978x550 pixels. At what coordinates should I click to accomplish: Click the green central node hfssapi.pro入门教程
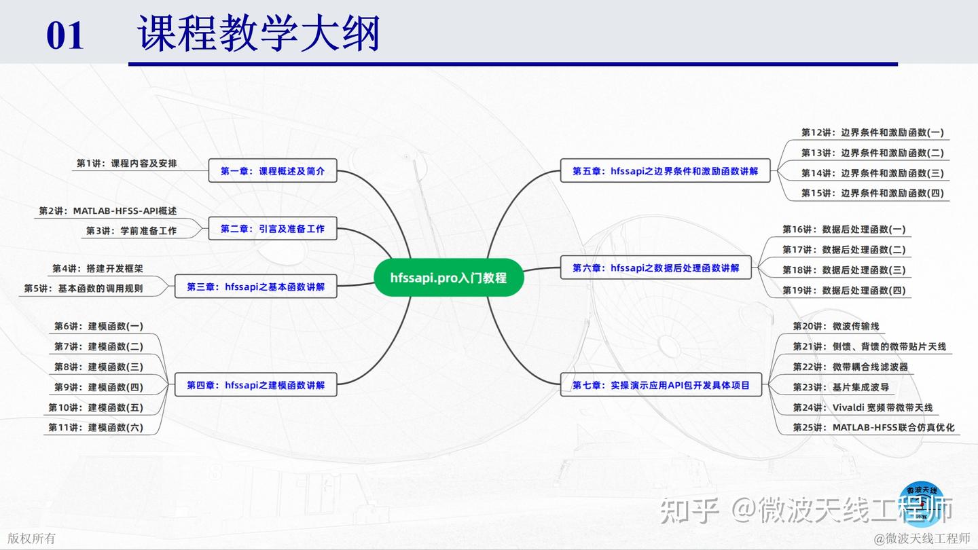pyautogui.click(x=448, y=278)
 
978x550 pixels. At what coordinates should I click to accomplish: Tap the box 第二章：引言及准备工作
pyautogui.click(x=272, y=229)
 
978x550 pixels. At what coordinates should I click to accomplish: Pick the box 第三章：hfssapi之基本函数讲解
pyautogui.click(x=256, y=287)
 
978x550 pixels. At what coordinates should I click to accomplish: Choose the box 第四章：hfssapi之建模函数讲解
pyautogui.click(x=256, y=385)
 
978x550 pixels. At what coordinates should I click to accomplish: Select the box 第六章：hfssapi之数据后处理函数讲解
pyautogui.click(x=655, y=268)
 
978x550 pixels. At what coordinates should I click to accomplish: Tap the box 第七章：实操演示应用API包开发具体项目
pyautogui.click(x=661, y=385)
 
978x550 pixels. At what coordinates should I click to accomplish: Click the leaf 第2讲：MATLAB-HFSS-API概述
pyautogui.click(x=107, y=211)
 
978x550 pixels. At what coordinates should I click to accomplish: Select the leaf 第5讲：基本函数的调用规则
pyautogui.click(x=84, y=289)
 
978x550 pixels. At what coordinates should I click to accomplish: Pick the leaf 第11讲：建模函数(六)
pyautogui.click(x=96, y=428)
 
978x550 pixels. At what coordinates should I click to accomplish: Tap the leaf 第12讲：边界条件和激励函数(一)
pyautogui.click(x=872, y=132)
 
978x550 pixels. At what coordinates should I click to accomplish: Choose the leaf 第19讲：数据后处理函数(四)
pyautogui.click(x=844, y=291)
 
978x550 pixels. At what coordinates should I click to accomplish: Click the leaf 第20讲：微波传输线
pyautogui.click(x=835, y=327)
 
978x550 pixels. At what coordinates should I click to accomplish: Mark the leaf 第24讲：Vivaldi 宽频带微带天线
pyautogui.click(x=863, y=408)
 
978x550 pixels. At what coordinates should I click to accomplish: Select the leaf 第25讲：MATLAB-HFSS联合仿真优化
pyautogui.click(x=873, y=428)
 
